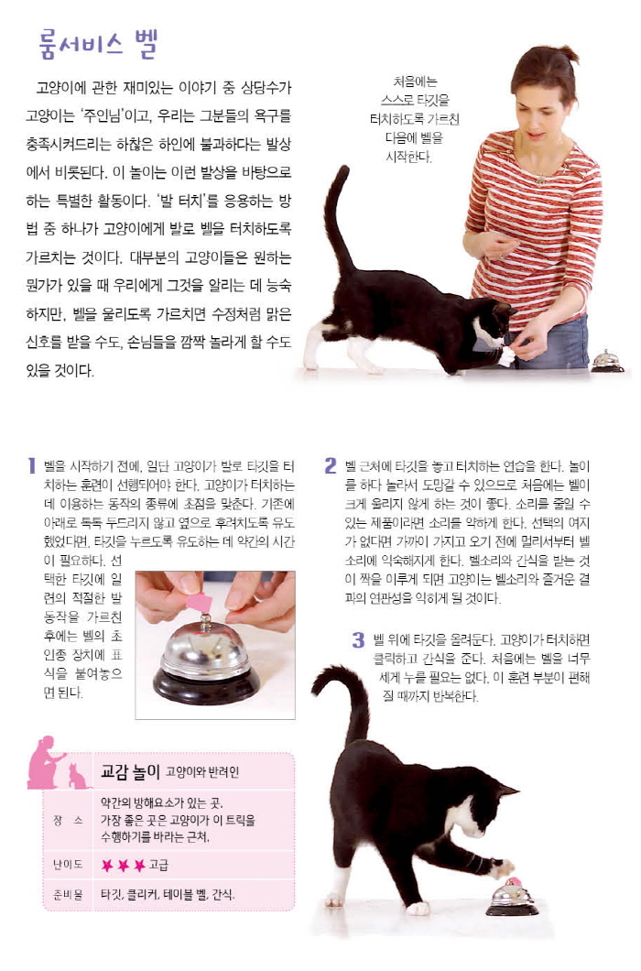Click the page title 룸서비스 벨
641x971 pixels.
(x=98, y=44)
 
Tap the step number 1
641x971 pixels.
(x=31, y=465)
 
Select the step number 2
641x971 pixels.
(x=331, y=465)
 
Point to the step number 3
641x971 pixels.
(x=358, y=639)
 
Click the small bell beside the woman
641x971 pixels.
(x=607, y=361)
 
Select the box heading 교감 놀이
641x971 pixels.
(x=130, y=771)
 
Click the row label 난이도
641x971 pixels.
(x=68, y=865)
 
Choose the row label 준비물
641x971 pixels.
(x=68, y=894)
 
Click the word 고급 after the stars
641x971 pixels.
(x=158, y=865)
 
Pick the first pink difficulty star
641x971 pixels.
(x=108, y=865)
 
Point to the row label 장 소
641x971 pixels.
(x=68, y=820)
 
